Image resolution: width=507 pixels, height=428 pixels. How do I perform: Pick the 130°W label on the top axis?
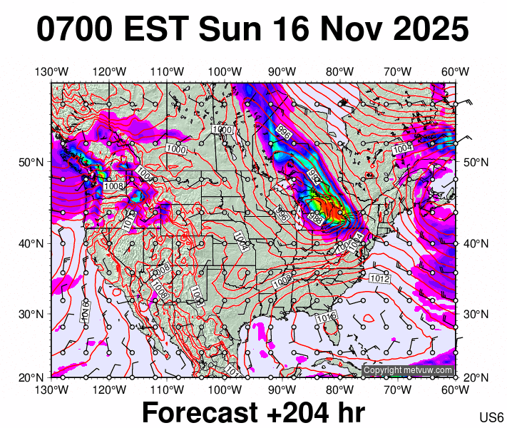(51, 71)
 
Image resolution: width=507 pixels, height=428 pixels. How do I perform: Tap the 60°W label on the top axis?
(455, 71)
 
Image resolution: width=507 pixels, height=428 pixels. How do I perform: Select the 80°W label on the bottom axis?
(340, 389)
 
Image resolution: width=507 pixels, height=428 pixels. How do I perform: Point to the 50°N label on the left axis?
(34, 162)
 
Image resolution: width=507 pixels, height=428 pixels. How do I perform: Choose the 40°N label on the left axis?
(34, 243)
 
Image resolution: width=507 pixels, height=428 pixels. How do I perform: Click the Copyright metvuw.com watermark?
(408, 370)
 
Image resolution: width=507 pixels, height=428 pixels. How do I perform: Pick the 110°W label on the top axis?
(167, 71)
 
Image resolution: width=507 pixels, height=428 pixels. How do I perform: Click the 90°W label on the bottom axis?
(282, 389)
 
